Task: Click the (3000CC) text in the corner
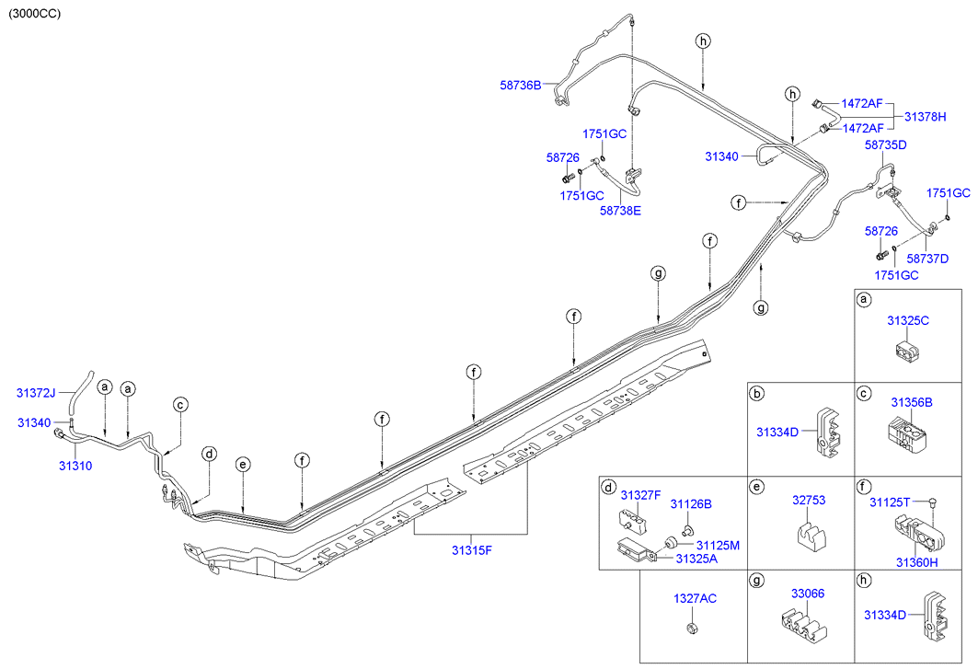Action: [x=34, y=14]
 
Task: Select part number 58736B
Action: [x=520, y=85]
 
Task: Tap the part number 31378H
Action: [x=925, y=117]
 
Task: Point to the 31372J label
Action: [x=36, y=393]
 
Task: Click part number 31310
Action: [x=75, y=466]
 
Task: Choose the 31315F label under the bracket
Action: [x=472, y=550]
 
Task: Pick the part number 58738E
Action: [x=620, y=211]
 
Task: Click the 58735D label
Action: [x=886, y=144]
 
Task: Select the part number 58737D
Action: [x=927, y=259]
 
